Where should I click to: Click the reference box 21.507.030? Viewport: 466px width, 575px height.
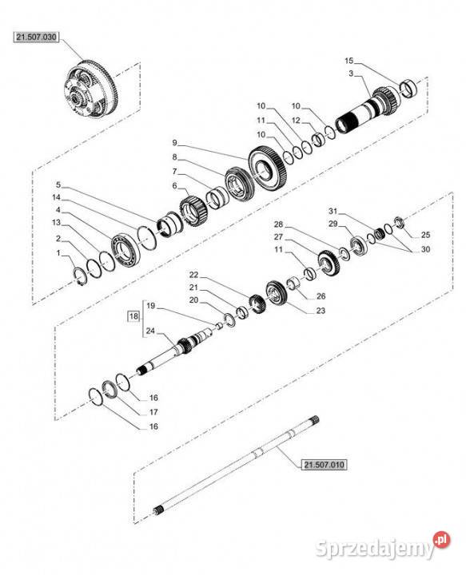(x=36, y=37)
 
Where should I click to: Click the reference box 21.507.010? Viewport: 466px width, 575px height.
(x=324, y=465)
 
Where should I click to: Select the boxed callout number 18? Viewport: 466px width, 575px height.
(x=134, y=315)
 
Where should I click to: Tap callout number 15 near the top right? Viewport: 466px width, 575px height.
(x=349, y=61)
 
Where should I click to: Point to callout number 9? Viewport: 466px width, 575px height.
(x=174, y=142)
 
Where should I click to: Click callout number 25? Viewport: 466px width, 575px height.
(x=425, y=235)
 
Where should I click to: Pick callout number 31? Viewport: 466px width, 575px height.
(x=333, y=211)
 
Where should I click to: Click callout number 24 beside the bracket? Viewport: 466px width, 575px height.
(x=150, y=331)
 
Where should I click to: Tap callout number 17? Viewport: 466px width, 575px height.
(x=153, y=412)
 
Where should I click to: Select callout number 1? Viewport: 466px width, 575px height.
(x=58, y=253)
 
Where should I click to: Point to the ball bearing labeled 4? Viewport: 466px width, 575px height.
(x=125, y=250)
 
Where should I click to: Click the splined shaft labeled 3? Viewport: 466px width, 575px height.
(x=369, y=109)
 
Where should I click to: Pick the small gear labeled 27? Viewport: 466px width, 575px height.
(x=329, y=264)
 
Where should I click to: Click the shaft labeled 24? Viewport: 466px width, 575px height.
(x=173, y=353)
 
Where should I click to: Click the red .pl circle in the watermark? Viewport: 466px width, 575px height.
(x=441, y=539)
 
